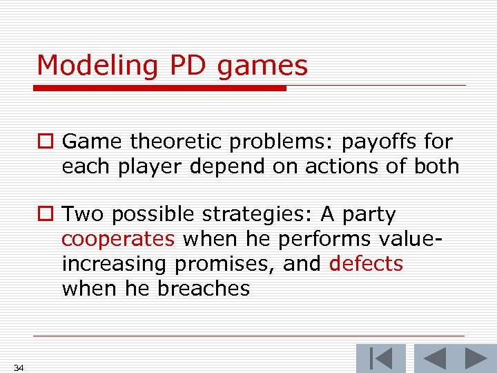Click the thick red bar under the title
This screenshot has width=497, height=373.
tap(161, 88)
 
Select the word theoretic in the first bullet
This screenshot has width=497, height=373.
tap(179, 142)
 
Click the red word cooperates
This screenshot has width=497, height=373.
tap(118, 239)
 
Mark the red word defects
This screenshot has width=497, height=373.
tap(366, 264)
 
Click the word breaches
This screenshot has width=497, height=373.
tap(204, 288)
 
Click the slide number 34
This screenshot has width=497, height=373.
tap(19, 367)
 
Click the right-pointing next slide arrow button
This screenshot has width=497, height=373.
tap(474, 358)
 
